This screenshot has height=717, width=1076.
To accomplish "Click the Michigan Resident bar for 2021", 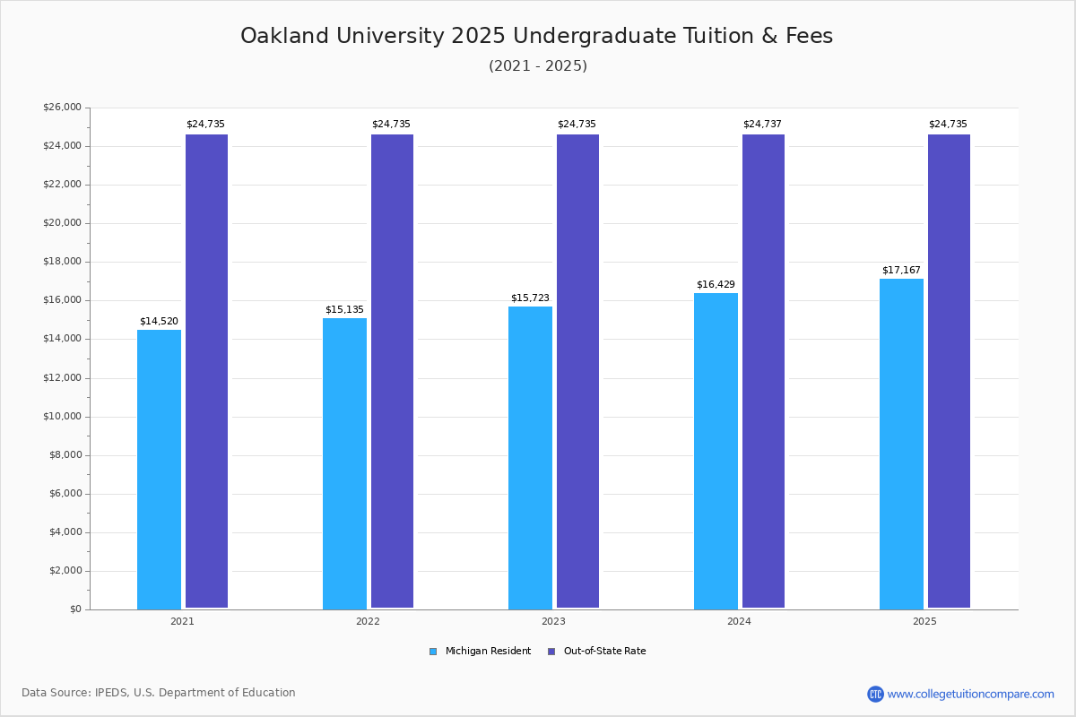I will [159, 469].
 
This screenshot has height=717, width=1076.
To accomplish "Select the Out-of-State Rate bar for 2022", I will [392, 371].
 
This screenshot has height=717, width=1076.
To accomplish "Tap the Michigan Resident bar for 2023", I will [530, 457].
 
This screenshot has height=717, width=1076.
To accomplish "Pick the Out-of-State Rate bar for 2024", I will [763, 371].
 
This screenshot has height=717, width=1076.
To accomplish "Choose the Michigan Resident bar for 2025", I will [901, 444].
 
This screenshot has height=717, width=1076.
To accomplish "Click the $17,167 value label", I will [901, 270].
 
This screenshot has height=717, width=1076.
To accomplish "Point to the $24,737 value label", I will [762, 124].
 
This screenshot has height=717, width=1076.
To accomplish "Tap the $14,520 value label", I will [159, 321].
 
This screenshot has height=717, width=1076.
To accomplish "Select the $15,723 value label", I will [530, 298].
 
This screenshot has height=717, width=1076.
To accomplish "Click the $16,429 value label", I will [716, 284].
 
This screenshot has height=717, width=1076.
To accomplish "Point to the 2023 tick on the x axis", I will [553, 621].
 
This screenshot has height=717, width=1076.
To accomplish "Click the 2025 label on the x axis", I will [924, 621].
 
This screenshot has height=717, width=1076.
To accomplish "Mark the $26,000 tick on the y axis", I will [62, 108].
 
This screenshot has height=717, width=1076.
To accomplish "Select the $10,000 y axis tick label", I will [62, 417].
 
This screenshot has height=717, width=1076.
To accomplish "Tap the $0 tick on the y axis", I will [74, 609].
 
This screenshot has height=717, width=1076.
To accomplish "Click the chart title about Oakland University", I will [536, 36].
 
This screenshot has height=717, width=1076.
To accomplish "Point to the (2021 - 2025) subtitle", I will [538, 65].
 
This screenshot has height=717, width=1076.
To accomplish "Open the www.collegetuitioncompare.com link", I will [970, 694].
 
